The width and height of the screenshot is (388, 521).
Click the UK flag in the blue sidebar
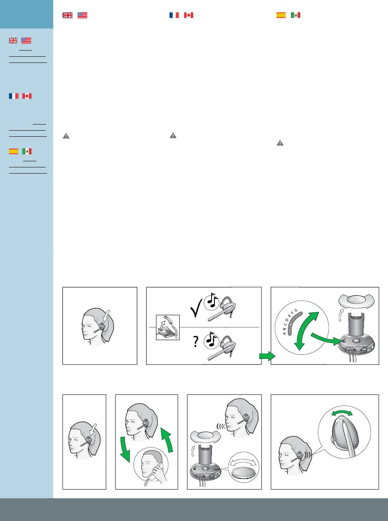13,41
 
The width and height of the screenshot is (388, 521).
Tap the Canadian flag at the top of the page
188,15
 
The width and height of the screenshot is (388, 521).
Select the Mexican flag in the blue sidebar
27,151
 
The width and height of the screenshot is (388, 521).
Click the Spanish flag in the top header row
281,15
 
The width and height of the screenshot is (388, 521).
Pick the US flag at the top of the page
83,15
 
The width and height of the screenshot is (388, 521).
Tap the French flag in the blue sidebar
13,96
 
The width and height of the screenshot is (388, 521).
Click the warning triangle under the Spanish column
280,143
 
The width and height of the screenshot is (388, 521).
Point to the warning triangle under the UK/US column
66,136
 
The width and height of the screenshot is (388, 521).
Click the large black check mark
196,308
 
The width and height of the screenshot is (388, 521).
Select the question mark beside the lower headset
196,341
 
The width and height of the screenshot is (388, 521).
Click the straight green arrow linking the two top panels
267,356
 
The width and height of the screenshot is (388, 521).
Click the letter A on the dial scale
284,333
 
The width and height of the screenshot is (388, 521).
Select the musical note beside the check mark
212,301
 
